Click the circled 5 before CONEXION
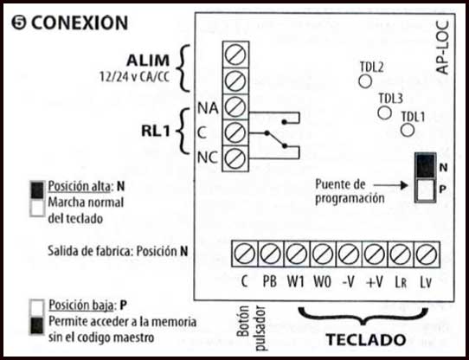pos(19,23)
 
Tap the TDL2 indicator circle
pos(365,81)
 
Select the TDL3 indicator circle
pos(385,112)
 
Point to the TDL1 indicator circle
pos(407,130)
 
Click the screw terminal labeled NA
pos(235,107)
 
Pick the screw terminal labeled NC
pos(235,158)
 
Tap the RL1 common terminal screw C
pos(235,133)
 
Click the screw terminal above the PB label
pos(270,254)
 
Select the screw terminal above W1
pos(297,254)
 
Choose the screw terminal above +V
pos(375,254)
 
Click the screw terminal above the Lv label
pos(427,254)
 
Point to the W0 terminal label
pos(323,281)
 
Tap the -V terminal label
pos(349,281)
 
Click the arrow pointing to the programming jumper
pos(391,185)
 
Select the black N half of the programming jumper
pos(425,166)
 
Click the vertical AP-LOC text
pos(442,48)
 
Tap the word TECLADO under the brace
pos(365,339)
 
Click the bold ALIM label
pos(148,61)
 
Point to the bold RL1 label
pos(156,131)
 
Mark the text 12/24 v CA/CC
pos(134,77)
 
